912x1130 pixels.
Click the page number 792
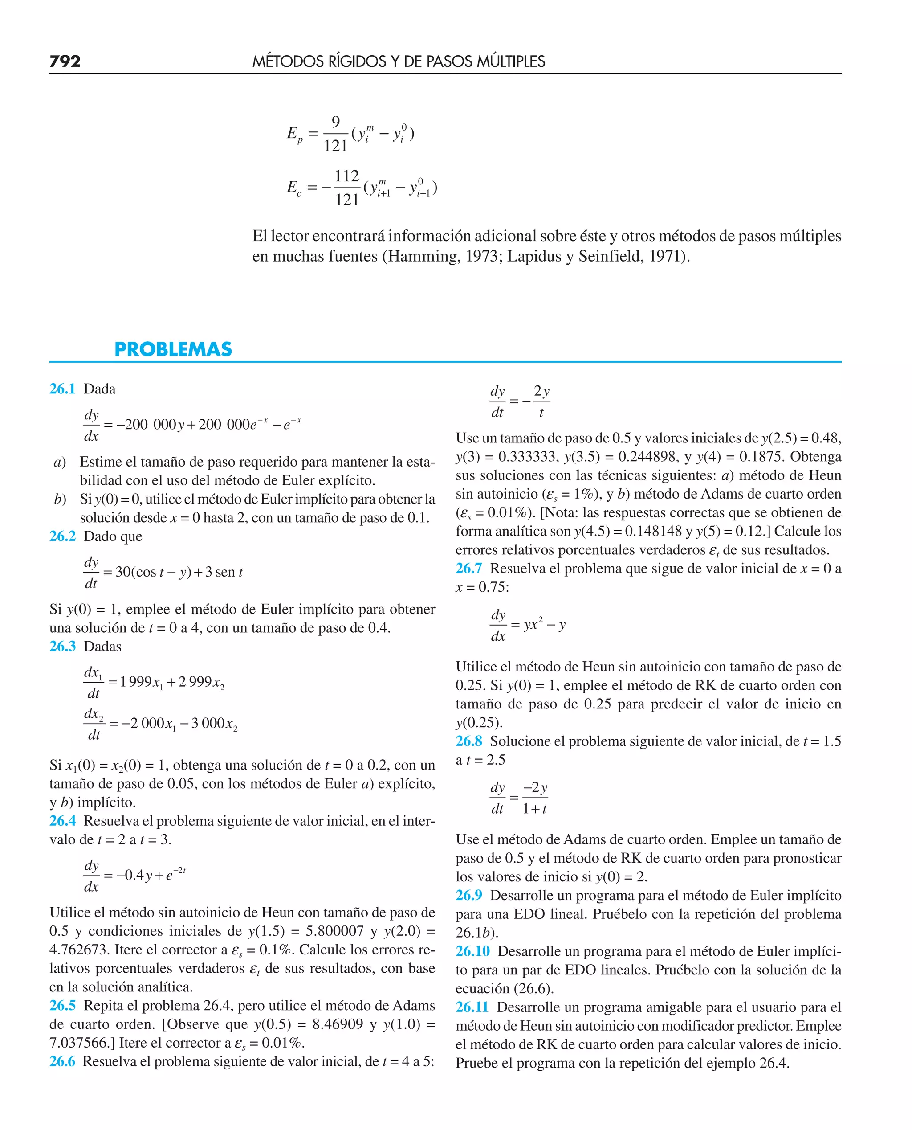pyautogui.click(x=65, y=61)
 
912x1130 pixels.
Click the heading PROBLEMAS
pyautogui.click(x=173, y=349)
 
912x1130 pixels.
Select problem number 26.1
pyautogui.click(x=62, y=389)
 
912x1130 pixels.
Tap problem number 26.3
pyautogui.click(x=62, y=647)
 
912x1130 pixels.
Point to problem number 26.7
pyautogui.click(x=468, y=568)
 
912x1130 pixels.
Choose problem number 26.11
pyautogui.click(x=472, y=1007)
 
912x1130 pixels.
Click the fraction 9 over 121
pyautogui.click(x=335, y=134)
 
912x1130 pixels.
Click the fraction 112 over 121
pyautogui.click(x=347, y=188)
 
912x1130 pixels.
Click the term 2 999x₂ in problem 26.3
pyautogui.click(x=202, y=682)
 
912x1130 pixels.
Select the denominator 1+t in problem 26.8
pyautogui.click(x=535, y=809)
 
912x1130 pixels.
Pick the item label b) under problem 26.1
pyautogui.click(x=60, y=499)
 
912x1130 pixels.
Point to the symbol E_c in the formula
pyautogui.click(x=293, y=188)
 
